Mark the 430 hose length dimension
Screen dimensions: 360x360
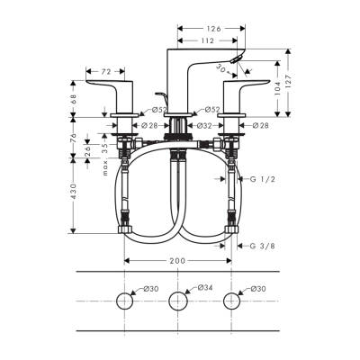point(74,192)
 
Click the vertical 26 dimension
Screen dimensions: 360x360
point(86,150)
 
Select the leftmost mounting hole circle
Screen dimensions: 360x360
point(122,301)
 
